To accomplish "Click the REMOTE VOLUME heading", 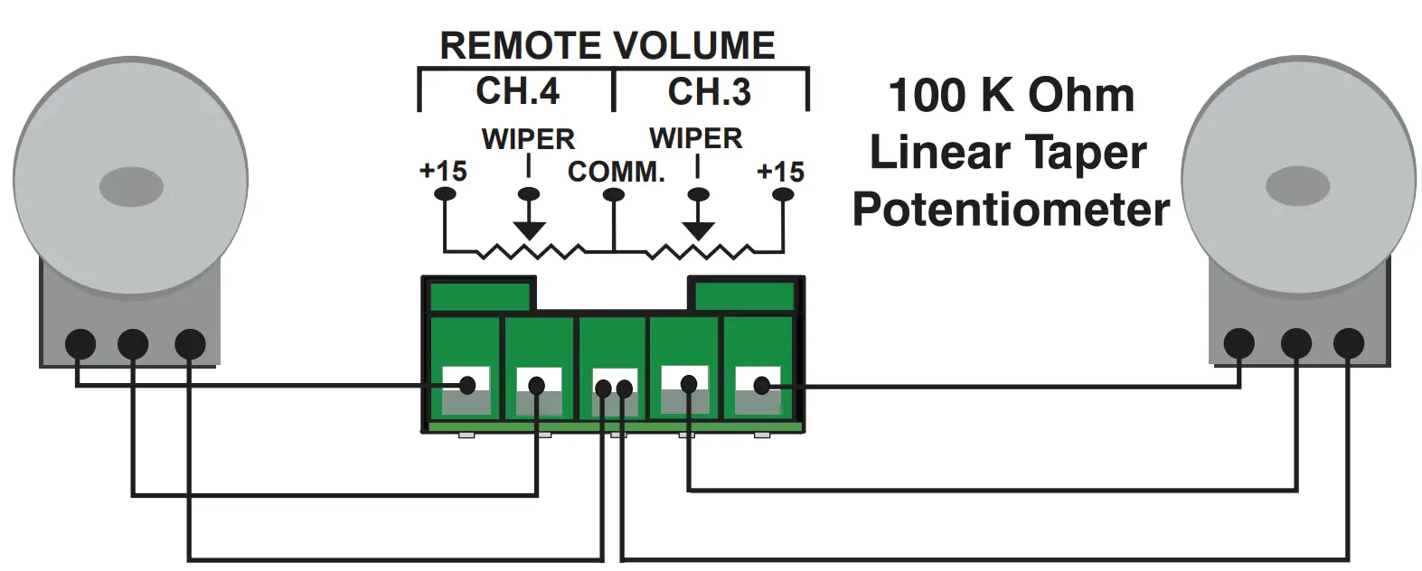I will point(607,45).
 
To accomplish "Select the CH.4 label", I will point(517,91).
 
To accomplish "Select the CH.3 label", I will point(709,91).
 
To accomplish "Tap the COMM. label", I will point(616,172).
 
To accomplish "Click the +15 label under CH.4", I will point(443,170).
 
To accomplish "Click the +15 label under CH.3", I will point(780,171).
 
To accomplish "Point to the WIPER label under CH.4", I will point(528,139).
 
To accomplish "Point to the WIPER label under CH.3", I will point(695,138).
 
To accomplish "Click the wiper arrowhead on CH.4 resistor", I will point(529,230).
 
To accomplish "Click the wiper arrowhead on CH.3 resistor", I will point(696,230).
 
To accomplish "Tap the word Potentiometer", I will point(1010,210).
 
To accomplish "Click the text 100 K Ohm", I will point(1011,96).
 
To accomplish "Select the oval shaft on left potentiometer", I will point(131,187).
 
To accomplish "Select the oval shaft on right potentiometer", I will point(1297,187).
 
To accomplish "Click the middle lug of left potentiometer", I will point(133,343).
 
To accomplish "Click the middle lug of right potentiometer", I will point(1295,343).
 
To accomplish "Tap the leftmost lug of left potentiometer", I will point(80,343).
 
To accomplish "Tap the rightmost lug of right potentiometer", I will point(1348,343).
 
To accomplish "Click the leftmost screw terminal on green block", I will point(466,386).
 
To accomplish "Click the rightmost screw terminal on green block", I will point(759,386).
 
